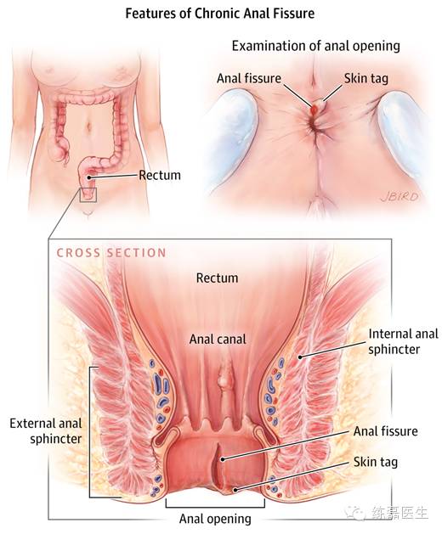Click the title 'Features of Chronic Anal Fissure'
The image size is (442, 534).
tap(220, 14)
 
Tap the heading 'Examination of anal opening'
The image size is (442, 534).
tap(316, 46)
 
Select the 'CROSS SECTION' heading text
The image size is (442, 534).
tap(111, 253)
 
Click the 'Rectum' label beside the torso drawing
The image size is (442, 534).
tap(160, 175)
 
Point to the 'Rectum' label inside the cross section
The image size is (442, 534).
tap(218, 278)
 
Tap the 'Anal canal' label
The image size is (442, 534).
tap(218, 340)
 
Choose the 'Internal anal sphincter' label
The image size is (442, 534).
tap(403, 341)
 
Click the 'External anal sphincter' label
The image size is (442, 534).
tap(46, 430)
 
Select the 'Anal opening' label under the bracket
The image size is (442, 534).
tap(215, 519)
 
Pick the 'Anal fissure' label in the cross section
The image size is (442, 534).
tap(385, 431)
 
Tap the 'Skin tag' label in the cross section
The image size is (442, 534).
tap(376, 462)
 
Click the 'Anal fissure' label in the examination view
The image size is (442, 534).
tap(249, 78)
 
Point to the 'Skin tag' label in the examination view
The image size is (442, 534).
tap(366, 79)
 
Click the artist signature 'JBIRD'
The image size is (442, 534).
tap(399, 196)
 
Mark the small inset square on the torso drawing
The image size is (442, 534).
tap(88, 194)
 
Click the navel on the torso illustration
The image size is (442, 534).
tap(89, 126)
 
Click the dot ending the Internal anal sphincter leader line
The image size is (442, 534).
tap(300, 357)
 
